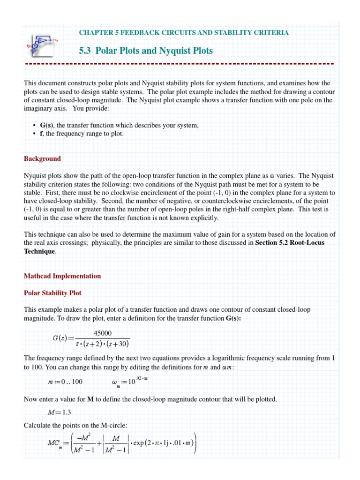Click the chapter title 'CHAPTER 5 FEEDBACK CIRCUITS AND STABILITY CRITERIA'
(183, 32)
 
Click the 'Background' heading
(42, 158)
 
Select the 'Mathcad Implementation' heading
(62, 276)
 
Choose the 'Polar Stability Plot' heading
(52, 292)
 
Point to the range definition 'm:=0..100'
(65, 382)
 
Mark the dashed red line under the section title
(180, 63)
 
